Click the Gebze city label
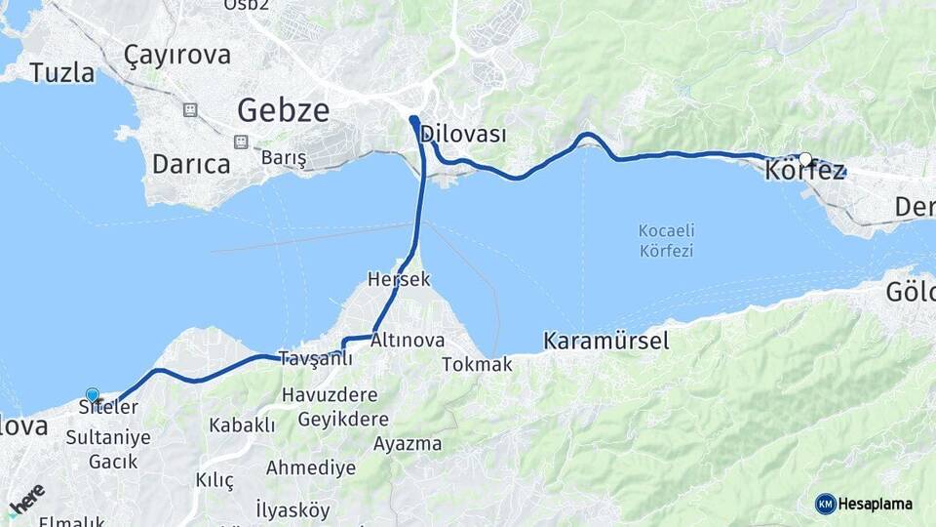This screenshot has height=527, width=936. pos(284,109)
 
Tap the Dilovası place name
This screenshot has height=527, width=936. pos(464,136)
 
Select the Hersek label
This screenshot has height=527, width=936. pos(399,279)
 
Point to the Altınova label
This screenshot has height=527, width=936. pos(408,341)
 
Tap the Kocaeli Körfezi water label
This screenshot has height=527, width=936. pos(666,241)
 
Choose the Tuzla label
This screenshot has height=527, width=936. pos(62,72)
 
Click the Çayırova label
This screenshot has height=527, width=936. pos(177,54)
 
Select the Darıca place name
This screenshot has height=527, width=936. pos(191,164)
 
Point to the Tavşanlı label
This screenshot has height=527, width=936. pos(315,358)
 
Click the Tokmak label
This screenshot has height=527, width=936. pos(477,364)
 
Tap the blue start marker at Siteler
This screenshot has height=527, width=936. pos(93,394)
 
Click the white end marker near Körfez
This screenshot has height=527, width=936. pos(805,158)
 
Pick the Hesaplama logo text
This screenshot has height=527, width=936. pos(874,504)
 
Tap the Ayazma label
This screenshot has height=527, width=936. pos(408,444)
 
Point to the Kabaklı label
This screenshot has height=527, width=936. pos(242,426)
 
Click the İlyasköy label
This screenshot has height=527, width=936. pos(292,509)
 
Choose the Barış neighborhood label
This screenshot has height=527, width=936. pos(284,157)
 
